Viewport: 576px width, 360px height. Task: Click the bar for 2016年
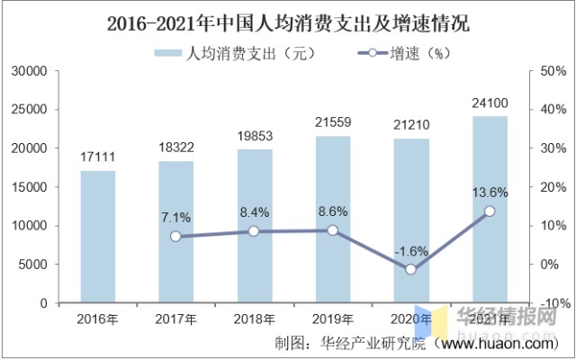(97, 237)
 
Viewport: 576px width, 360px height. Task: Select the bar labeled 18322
(175, 232)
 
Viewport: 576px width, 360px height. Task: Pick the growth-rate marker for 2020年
(411, 269)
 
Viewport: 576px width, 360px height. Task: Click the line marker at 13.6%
(490, 211)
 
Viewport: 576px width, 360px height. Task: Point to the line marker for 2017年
(175, 237)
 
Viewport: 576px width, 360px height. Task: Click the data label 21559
(332, 121)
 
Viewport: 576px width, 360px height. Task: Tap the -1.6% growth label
(411, 251)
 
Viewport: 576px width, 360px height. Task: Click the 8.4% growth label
(254, 213)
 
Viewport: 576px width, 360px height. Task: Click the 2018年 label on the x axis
(254, 319)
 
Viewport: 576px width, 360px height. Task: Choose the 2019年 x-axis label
(332, 319)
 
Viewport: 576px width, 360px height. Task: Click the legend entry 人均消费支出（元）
(237, 52)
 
